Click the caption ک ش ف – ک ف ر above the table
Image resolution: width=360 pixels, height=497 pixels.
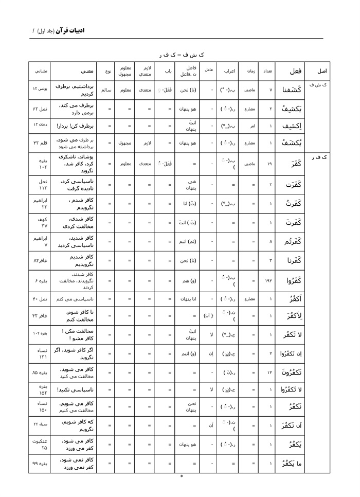coord(181,54)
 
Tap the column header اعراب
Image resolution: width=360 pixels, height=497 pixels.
coord(229,71)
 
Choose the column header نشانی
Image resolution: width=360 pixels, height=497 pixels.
coord(41,71)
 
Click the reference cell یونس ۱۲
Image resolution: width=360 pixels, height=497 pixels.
coord(41,90)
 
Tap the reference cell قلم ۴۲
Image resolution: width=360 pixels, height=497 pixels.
coord(41,144)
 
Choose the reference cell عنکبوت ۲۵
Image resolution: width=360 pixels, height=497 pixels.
coord(41,444)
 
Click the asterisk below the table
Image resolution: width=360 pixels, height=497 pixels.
coord(182,477)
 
